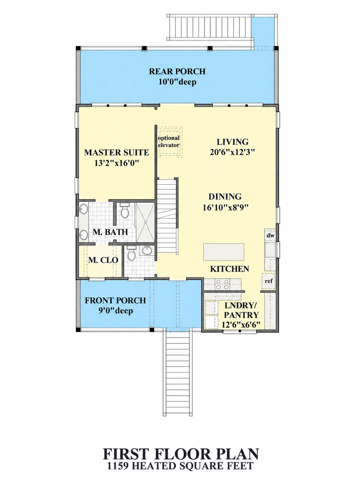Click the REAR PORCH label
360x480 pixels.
coord(177,72)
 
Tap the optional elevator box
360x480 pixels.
coord(169,142)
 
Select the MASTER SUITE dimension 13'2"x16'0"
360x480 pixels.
coord(117,163)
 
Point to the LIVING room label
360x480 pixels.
coord(233,142)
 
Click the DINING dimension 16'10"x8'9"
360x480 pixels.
coord(226,208)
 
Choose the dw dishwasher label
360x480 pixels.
coord(270,235)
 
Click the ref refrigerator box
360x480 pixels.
coord(269,281)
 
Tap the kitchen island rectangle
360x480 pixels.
coord(224,252)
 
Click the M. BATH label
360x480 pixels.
coord(110,232)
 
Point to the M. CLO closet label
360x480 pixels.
coord(103,260)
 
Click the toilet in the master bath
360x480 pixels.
coord(125,210)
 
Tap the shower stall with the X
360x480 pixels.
coord(145,222)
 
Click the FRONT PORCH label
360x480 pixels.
coord(115,300)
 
